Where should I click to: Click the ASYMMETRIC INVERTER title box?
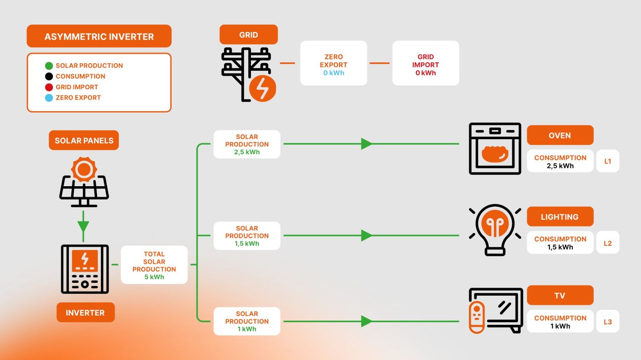click(x=99, y=36)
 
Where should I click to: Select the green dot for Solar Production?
click(x=49, y=66)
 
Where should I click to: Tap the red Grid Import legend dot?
click(x=49, y=87)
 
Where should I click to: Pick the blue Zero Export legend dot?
click(x=49, y=98)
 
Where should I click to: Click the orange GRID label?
click(x=248, y=35)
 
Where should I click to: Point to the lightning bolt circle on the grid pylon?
click(x=262, y=88)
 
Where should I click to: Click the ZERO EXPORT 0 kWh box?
click(x=333, y=64)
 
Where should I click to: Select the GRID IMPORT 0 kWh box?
click(x=425, y=64)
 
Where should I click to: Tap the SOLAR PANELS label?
click(x=84, y=140)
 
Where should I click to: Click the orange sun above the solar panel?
click(x=84, y=169)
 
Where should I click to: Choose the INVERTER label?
click(x=85, y=313)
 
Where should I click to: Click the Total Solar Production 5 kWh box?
click(x=154, y=265)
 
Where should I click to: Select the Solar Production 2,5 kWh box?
click(x=247, y=144)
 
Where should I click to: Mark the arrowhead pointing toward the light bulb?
click(x=366, y=235)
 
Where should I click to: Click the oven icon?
click(x=495, y=149)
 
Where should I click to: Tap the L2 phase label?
click(x=607, y=243)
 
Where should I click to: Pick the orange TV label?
click(x=560, y=296)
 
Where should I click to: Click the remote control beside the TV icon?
click(x=477, y=317)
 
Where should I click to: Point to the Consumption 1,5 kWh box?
click(x=560, y=243)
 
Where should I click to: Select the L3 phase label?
click(x=607, y=322)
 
